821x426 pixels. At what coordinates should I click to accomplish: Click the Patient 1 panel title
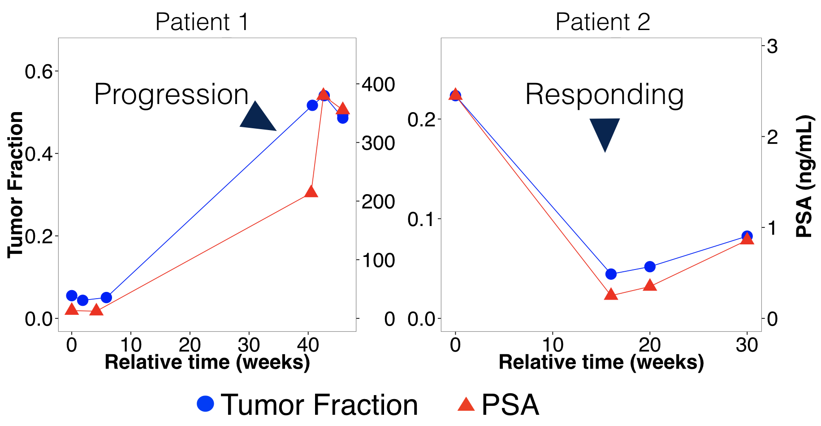(x=202, y=22)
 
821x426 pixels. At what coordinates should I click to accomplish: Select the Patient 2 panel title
(x=603, y=22)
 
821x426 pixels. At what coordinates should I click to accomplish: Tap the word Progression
(x=171, y=95)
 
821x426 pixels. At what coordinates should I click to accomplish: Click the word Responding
(x=605, y=95)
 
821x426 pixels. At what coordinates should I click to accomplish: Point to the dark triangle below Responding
(x=605, y=132)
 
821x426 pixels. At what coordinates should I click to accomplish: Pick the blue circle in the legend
(x=206, y=404)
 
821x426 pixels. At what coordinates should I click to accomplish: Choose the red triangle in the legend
(x=466, y=404)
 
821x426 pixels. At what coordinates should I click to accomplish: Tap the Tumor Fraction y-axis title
(x=16, y=185)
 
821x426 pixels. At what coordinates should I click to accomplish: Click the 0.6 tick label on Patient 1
(x=39, y=71)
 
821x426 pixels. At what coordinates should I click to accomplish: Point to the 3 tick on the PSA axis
(x=772, y=46)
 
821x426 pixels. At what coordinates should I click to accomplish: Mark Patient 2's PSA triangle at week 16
(x=611, y=294)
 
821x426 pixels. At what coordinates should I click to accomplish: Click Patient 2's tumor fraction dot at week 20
(x=650, y=267)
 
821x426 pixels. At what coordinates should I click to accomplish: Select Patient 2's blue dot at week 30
(x=747, y=236)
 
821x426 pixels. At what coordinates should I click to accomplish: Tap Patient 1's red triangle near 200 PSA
(x=311, y=191)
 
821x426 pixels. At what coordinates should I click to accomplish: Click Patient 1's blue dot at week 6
(x=106, y=297)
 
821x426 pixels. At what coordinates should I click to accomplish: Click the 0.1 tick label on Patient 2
(x=422, y=219)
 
